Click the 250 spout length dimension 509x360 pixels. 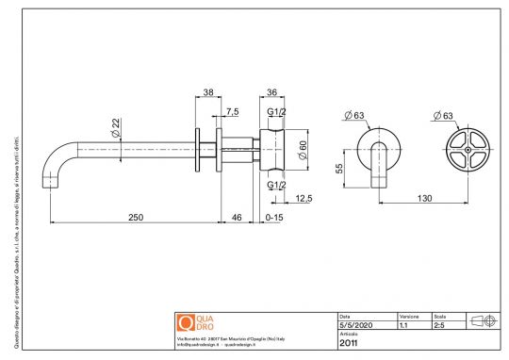(137, 218)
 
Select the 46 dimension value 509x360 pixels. (236, 218)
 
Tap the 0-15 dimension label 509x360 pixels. (274, 218)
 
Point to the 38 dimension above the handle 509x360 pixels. (207, 91)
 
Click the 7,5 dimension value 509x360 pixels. (232, 111)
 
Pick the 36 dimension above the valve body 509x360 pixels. (272, 91)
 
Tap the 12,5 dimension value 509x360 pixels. (304, 198)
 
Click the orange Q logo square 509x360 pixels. (186, 321)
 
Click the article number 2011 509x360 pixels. (348, 343)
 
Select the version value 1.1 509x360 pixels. (403, 325)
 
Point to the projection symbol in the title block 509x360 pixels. (482, 320)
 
